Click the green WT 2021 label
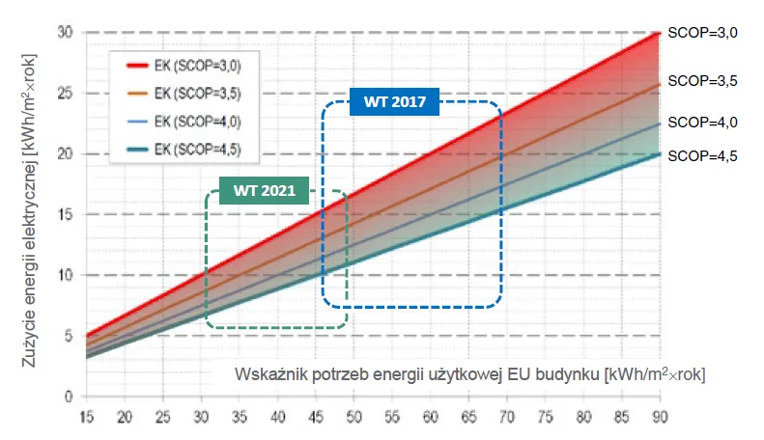(257, 190)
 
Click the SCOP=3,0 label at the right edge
(703, 33)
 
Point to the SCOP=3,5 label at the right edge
(703, 82)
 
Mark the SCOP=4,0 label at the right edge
(703, 123)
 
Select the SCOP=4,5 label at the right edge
(703, 154)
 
